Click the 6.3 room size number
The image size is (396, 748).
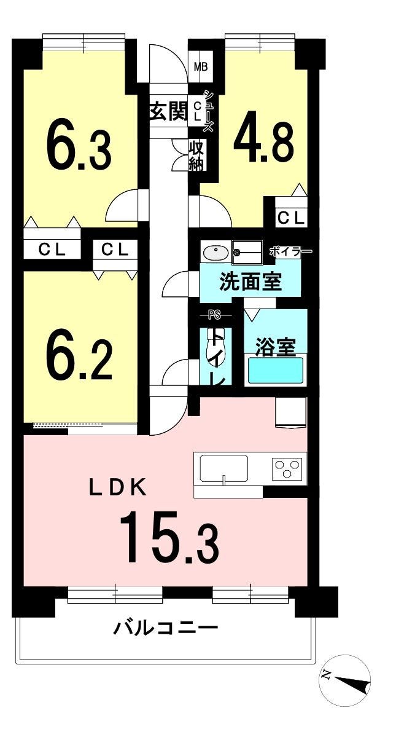(x=79, y=146)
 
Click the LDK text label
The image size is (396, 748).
(x=117, y=487)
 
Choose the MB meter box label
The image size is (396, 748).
(x=201, y=67)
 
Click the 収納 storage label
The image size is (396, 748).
(x=196, y=156)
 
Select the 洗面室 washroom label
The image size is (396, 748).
(x=250, y=282)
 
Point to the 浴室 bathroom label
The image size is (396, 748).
(x=275, y=347)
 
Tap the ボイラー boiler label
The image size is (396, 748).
(x=290, y=251)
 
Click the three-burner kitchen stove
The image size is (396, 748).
(x=287, y=468)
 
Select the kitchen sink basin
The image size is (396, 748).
(x=224, y=468)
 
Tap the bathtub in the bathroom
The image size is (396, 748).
(x=276, y=370)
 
